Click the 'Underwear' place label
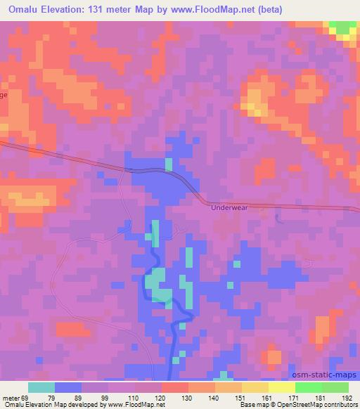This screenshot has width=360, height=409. pyautogui.click(x=229, y=208)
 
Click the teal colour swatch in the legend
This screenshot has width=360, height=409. pyautogui.click(x=41, y=387)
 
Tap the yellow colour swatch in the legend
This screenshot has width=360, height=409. pyautogui.click(x=282, y=387)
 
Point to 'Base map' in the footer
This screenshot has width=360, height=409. pyautogui.click(x=252, y=405)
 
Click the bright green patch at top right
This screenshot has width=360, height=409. pyautogui.click(x=343, y=29)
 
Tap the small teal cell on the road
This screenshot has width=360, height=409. pyautogui.click(x=169, y=165)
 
